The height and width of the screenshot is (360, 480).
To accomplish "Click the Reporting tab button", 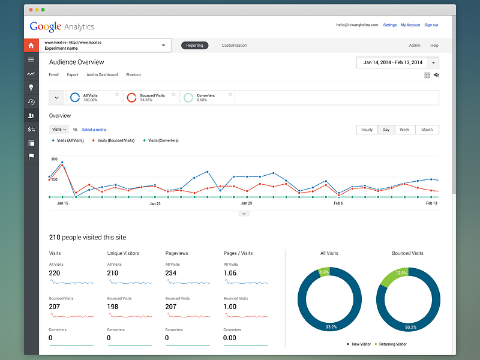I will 194,46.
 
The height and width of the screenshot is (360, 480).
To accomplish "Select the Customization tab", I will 234,46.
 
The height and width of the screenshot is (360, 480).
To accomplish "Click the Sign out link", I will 431,25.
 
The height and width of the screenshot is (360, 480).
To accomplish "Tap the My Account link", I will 410,25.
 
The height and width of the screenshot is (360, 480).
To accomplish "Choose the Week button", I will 404,130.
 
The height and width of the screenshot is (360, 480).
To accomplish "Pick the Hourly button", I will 367,130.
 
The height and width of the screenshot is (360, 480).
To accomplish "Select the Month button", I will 427,130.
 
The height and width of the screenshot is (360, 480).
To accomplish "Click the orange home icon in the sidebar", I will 31,46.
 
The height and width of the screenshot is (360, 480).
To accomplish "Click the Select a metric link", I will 94,130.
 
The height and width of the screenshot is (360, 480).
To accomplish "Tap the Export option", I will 73,75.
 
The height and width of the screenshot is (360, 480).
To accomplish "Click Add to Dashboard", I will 102,75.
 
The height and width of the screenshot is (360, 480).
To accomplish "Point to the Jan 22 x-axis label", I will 155,203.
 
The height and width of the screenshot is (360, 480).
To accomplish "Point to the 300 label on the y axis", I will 54,160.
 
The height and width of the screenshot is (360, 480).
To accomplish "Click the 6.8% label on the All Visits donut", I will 325,272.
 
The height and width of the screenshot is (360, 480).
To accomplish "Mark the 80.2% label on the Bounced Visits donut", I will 410,328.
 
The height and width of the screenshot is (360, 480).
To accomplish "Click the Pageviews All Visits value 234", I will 171,273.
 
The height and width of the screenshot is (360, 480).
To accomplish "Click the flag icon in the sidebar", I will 31,157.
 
